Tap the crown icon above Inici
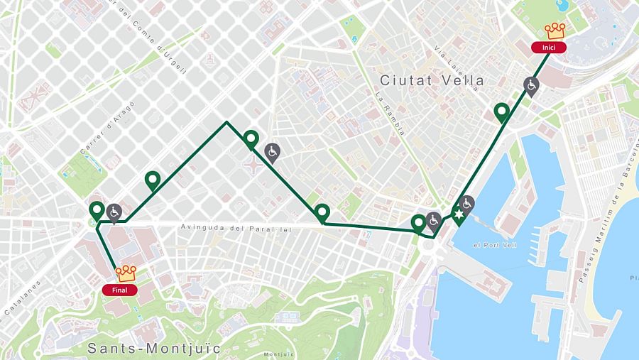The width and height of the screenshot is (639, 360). click(555, 31)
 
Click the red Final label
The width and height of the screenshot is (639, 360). click(119, 290)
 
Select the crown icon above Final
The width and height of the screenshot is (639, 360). click(126, 273)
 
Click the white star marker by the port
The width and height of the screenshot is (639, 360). click(459, 214)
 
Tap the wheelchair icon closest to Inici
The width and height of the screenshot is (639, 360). click(530, 85)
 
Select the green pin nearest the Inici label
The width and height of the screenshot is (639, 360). click(502, 111)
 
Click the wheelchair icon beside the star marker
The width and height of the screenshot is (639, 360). click(467, 203)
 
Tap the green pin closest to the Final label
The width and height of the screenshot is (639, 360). click(97, 210)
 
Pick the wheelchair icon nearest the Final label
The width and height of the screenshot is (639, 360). click(114, 211)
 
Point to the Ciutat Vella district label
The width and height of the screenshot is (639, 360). click(432, 80)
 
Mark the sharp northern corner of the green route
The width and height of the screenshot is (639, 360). click(226, 122)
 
